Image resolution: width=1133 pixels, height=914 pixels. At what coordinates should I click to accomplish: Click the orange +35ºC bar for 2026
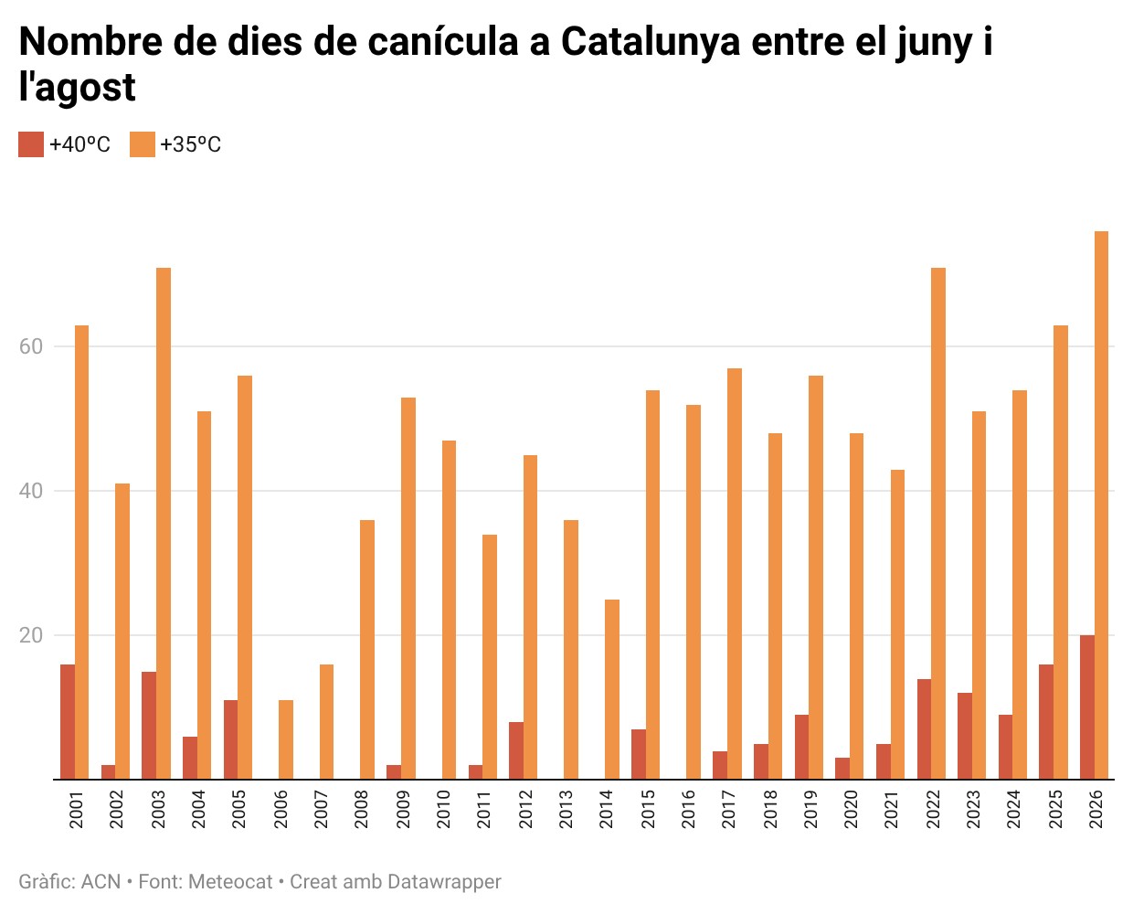point(1101,505)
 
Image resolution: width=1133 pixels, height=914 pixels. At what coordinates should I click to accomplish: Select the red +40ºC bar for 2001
point(68,722)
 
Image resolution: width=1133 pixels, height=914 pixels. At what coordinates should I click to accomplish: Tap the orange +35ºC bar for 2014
point(612,689)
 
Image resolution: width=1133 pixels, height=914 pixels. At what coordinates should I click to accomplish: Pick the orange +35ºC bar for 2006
point(286,739)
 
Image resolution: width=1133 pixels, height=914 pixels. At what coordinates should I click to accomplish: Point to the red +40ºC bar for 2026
point(1087,707)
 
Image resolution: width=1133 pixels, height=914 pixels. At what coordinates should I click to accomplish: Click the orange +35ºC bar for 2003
point(164,523)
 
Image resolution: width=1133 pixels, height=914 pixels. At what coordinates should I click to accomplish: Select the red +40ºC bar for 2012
point(516,750)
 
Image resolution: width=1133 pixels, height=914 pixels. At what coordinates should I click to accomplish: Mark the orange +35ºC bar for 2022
point(938,523)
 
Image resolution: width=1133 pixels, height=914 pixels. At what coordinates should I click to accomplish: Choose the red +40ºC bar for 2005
point(230,739)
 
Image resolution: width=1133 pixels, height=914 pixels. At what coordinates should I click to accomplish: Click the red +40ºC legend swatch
point(31,144)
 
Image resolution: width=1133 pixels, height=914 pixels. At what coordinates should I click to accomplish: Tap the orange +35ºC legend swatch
point(143,144)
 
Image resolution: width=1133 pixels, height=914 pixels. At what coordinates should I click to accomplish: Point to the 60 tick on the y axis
point(30,346)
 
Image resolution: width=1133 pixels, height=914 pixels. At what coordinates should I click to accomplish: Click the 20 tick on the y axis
point(30,635)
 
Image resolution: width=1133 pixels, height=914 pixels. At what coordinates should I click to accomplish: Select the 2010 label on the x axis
point(443,809)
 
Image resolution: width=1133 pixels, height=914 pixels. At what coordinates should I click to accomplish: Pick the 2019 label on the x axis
point(810,809)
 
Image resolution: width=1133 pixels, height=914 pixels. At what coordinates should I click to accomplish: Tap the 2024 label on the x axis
point(1013,809)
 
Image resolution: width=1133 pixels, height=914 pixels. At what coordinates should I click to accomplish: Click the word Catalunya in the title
point(651,42)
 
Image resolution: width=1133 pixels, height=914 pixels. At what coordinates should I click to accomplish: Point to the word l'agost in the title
point(78,88)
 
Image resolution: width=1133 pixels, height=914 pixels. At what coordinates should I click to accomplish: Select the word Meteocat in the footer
point(230,882)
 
